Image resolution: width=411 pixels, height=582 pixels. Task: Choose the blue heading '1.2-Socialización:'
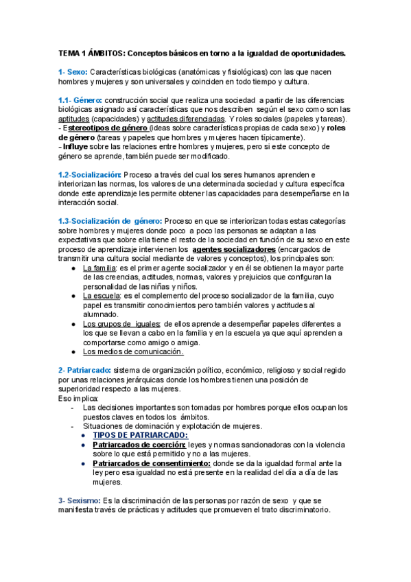click(89, 175)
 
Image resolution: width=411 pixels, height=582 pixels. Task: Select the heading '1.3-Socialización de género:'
click(110, 221)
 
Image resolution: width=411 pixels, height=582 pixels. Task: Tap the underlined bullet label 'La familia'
click(100, 268)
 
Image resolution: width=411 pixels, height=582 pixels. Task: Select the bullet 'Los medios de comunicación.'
click(133, 352)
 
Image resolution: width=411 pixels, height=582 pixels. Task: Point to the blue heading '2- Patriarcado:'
click(85, 371)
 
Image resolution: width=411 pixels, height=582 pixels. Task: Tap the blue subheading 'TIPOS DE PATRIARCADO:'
click(140, 436)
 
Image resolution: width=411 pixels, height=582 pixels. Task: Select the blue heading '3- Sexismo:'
click(80, 501)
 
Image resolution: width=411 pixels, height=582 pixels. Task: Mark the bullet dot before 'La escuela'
click(73, 296)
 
